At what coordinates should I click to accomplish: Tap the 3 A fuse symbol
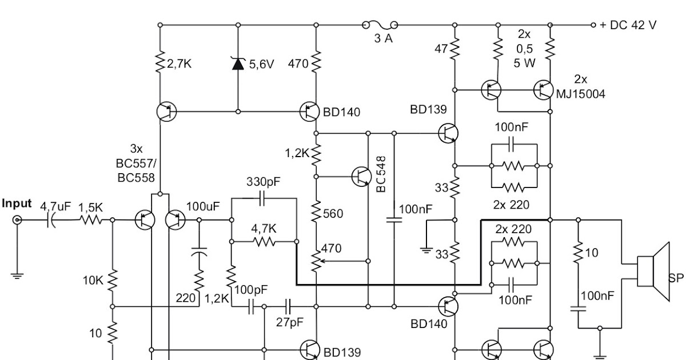click(379, 25)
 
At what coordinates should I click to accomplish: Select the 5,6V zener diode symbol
click(237, 63)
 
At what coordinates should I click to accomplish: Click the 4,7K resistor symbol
click(264, 242)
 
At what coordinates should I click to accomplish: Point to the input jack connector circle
click(18, 220)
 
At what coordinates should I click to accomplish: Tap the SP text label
click(676, 278)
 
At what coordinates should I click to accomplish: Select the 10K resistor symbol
click(113, 280)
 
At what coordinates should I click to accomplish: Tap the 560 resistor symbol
click(316, 213)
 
